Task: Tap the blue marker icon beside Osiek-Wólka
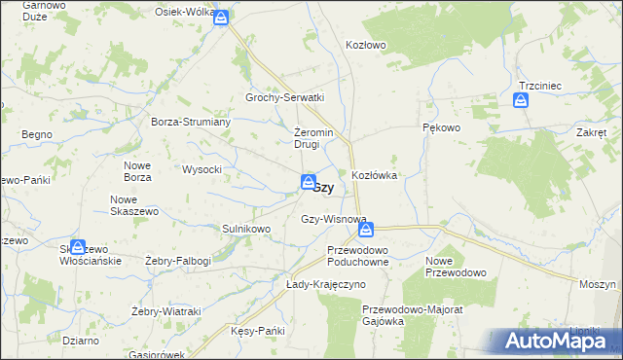(222, 17)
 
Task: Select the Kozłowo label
(367, 45)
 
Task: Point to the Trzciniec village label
(540, 86)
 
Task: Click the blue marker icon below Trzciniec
(522, 99)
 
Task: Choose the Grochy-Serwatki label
(284, 98)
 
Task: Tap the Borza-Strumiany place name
(190, 122)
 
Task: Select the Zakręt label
(591, 132)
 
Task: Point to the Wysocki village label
(202, 169)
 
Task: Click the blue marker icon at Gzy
(308, 182)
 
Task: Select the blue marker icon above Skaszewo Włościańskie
(78, 248)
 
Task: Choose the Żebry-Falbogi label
(178, 261)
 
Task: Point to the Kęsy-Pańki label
(258, 331)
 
